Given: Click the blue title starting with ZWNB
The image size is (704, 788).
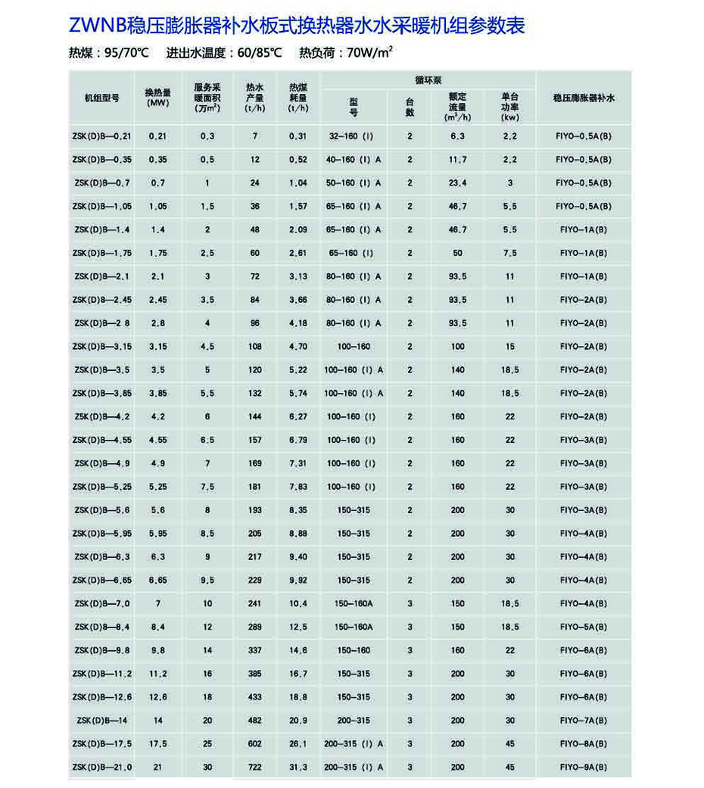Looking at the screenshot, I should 297,26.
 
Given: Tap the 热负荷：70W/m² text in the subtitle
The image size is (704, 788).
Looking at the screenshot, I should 346,54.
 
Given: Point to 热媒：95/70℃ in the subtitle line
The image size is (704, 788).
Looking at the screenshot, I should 109,54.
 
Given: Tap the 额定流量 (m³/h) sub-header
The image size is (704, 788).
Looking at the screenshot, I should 457,107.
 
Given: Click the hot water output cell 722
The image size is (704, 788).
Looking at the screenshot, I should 254,768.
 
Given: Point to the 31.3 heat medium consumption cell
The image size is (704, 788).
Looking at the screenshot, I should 298,768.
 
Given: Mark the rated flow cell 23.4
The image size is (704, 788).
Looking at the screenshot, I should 457,183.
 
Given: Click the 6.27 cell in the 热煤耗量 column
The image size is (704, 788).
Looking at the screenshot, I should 298,417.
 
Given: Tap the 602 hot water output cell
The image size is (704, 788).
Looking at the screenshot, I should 254,744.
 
